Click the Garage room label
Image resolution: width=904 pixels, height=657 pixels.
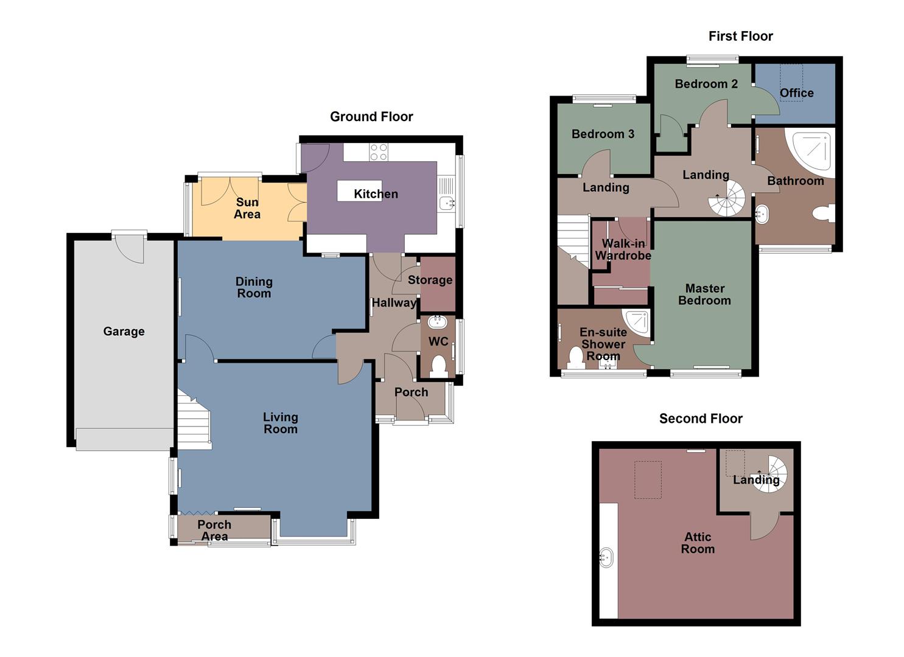pos(124,332)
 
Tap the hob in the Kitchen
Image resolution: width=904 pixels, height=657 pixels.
pos(379,151)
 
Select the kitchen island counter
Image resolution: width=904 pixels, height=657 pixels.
pos(359,190)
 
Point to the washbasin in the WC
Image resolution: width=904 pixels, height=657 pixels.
pos(437,322)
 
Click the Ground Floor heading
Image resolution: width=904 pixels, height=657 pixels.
pos(371,117)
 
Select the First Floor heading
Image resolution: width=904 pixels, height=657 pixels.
pos(740,36)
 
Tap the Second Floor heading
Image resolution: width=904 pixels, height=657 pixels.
pos(701,419)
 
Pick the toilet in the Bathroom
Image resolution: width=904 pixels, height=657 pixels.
pos(824,214)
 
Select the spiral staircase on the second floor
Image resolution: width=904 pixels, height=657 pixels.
pos(771,471)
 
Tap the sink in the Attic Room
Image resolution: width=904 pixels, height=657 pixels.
pos(606,558)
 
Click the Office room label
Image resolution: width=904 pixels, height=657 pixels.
pos(796,93)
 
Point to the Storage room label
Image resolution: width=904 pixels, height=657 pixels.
pos(430,280)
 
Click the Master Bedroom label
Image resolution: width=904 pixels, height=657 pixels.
pos(704,294)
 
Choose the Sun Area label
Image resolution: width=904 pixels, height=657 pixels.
pos(247,208)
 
